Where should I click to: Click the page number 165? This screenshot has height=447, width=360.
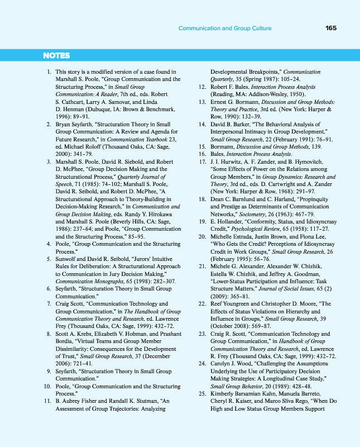(330, 28)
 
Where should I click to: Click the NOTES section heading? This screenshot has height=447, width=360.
(56, 55)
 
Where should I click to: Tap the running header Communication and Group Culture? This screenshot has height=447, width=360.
(225, 28)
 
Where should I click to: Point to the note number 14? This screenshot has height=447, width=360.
(203, 123)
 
